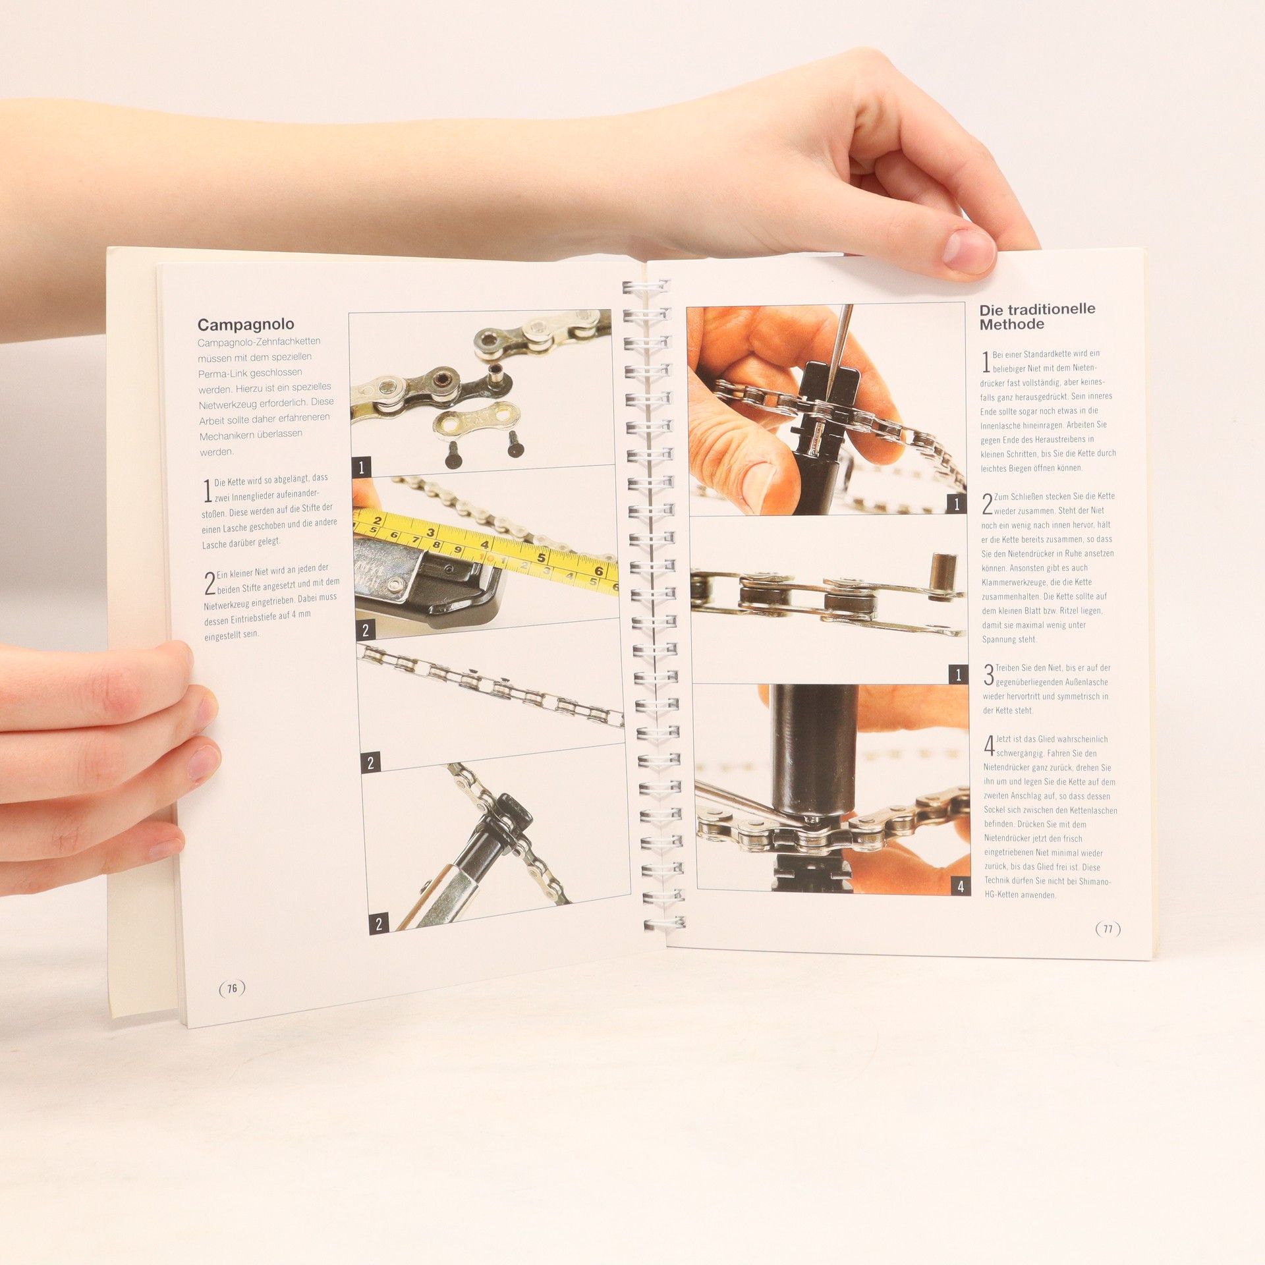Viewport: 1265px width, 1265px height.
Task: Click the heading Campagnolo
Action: (246, 324)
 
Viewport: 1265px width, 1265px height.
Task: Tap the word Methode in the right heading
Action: (1011, 324)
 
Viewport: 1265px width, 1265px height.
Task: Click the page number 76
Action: (232, 988)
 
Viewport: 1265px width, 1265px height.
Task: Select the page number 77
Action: (1108, 929)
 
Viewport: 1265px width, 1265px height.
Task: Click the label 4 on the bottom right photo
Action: (961, 886)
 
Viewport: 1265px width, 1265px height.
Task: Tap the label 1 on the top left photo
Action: (360, 468)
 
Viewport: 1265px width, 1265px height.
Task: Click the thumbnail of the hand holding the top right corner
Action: (970, 252)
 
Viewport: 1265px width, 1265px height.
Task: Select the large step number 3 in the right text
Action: (988, 675)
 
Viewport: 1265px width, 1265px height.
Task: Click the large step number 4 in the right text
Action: (989, 746)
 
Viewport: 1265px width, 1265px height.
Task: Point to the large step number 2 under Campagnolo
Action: (210, 583)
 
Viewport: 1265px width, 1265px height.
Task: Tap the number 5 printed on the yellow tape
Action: (542, 558)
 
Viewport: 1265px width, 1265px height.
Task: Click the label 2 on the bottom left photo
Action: (378, 924)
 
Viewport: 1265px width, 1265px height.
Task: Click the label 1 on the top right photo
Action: (957, 505)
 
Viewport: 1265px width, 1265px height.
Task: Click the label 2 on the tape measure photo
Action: (366, 631)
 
